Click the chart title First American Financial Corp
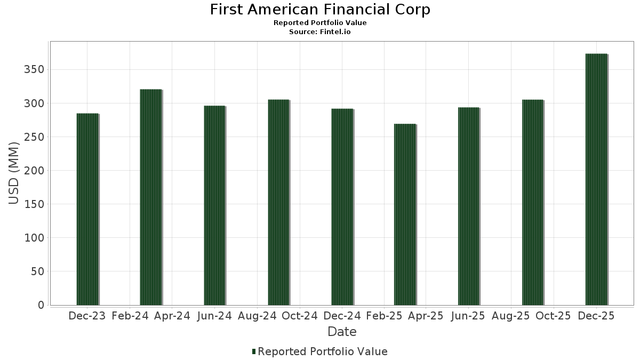[320, 10]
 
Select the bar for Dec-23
[87, 210]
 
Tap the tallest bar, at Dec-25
[597, 179]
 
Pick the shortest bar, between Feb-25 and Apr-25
[405, 214]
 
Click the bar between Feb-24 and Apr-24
[151, 197]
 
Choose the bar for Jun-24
[215, 205]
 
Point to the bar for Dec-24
[342, 207]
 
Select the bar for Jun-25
[469, 206]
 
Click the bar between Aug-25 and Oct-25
[533, 203]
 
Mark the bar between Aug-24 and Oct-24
[279, 203]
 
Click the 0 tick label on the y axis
[41, 305]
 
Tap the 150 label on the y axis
[34, 204]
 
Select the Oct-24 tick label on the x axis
[300, 316]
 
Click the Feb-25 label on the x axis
[384, 316]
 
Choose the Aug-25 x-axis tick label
[510, 316]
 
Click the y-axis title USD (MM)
[13, 173]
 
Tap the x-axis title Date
[342, 332]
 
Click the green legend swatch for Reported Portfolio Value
[254, 351]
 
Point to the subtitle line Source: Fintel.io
[320, 31]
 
